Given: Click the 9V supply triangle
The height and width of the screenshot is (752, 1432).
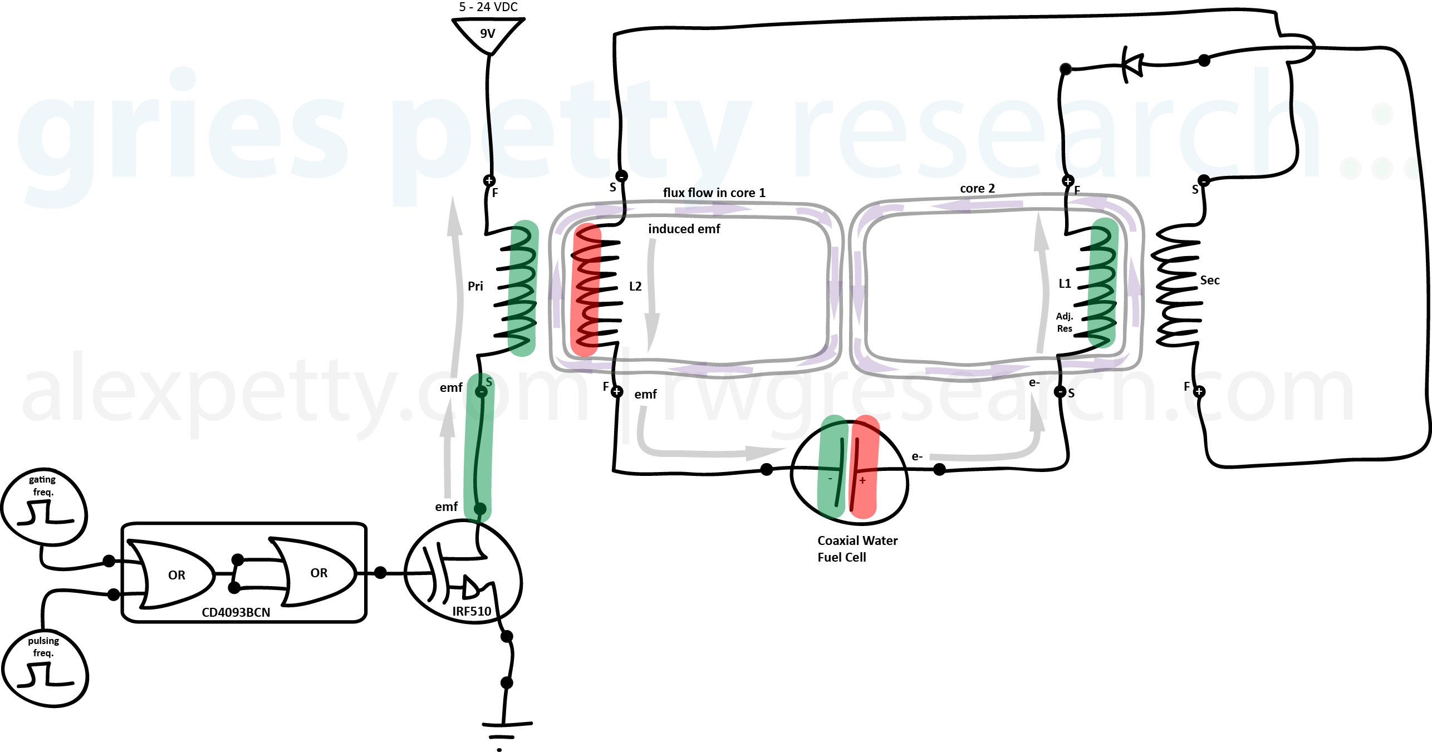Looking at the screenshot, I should click(488, 33).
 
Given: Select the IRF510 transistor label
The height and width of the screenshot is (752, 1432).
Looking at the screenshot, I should click(472, 611).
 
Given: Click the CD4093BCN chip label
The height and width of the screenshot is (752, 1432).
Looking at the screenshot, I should click(236, 612).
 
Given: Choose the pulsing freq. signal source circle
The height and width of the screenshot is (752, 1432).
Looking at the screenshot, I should click(45, 668).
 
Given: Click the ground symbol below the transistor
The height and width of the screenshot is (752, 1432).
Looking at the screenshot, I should click(506, 729).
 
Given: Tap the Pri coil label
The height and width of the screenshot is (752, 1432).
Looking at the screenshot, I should click(475, 286).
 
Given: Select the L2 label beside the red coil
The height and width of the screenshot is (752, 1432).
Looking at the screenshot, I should click(635, 286).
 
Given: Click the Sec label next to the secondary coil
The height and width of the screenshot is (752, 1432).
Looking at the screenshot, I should click(1209, 280).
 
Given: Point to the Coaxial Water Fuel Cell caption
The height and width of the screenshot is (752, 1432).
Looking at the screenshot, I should click(857, 548).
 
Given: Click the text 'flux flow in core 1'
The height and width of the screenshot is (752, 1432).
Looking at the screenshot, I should click(714, 193).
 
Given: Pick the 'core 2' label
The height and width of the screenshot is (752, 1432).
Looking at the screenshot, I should click(977, 188).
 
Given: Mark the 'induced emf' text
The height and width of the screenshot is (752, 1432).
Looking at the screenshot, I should click(684, 229).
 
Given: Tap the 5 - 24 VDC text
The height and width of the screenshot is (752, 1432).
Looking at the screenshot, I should click(488, 7).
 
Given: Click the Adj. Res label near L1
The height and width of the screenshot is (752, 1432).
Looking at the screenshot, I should click(1065, 322).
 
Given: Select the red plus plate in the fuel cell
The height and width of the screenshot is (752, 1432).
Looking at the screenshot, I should click(864, 468).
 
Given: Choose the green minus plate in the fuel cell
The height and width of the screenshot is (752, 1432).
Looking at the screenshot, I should click(833, 468).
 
